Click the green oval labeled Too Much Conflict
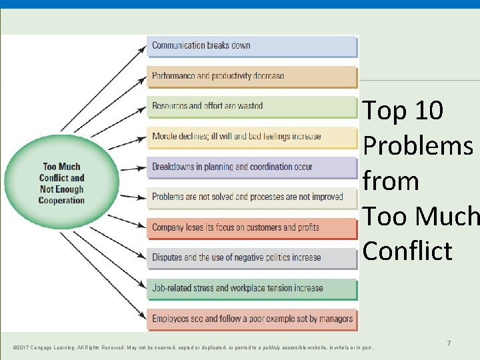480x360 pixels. click(61, 183)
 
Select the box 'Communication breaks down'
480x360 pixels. click(251, 46)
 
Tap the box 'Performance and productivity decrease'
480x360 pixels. click(251, 76)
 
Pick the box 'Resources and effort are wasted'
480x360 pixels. click(251, 106)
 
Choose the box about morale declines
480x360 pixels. click(251, 137)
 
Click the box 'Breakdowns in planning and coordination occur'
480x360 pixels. click(251, 167)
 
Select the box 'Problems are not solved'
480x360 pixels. click(251, 197)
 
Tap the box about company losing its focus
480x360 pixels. click(251, 227)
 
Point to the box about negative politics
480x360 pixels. click(251, 258)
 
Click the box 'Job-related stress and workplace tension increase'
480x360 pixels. click(251, 289)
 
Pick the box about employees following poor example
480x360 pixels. click(251, 319)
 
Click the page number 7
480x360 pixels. click(449, 343)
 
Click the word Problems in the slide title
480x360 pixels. click(417, 146)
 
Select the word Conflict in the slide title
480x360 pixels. click(407, 251)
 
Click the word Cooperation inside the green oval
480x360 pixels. click(61, 201)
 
